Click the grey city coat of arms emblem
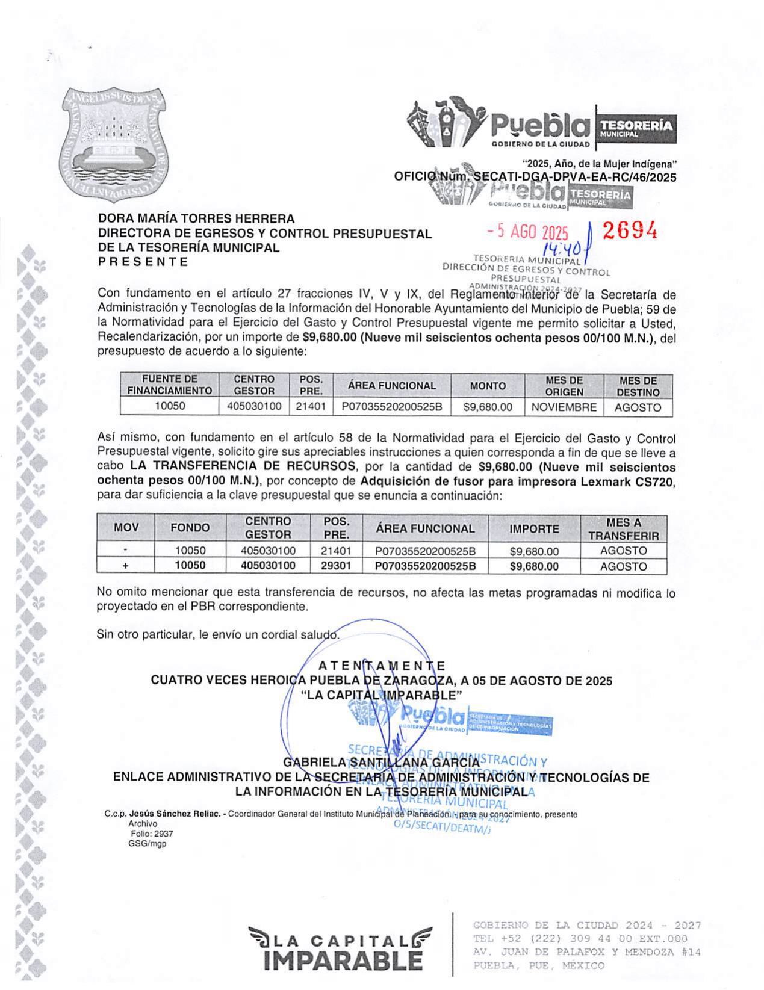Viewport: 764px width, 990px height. pos(113,147)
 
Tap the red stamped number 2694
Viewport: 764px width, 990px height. pos(629,230)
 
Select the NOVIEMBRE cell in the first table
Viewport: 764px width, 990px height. pos(564,407)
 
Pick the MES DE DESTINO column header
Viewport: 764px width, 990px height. pos(638,386)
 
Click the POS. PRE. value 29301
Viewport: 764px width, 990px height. pos(336,566)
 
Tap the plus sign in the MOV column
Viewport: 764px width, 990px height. pos(125,566)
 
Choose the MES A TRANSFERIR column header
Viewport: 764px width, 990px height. pos(623,529)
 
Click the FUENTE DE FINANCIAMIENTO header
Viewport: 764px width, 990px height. pos(169,385)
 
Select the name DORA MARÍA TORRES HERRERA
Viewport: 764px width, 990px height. pos(196,218)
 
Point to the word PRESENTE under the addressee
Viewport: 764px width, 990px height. pos(143,262)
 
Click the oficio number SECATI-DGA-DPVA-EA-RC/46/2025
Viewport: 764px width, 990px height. pos(575,177)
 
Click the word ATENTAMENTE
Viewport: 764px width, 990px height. pos(381,666)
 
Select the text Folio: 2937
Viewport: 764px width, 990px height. pos(152,834)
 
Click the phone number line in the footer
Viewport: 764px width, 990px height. pos(580,939)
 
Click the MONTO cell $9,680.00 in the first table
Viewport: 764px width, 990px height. pos(488,407)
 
